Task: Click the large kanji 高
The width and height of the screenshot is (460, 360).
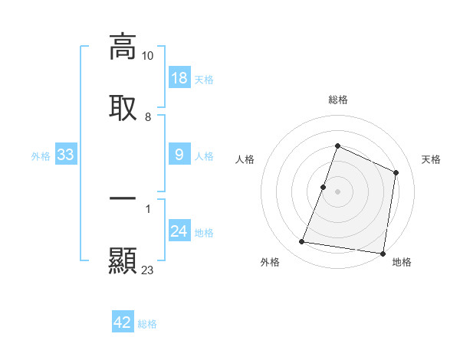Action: pyautogui.click(x=123, y=47)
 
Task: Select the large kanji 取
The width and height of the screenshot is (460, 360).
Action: pyautogui.click(x=123, y=107)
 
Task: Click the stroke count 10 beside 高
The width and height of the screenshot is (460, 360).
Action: pyautogui.click(x=148, y=56)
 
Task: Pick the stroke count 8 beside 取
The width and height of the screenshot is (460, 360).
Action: pyautogui.click(x=148, y=117)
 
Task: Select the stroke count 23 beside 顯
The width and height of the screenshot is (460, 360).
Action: pyautogui.click(x=148, y=270)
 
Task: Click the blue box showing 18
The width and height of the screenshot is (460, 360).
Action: pyautogui.click(x=179, y=78)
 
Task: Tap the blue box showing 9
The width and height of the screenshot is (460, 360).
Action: pyautogui.click(x=179, y=155)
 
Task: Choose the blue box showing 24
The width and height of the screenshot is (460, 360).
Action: pyautogui.click(x=179, y=231)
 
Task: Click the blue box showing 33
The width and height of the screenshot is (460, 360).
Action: pyautogui.click(x=66, y=155)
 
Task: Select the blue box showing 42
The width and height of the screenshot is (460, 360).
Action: pyautogui.click(x=123, y=322)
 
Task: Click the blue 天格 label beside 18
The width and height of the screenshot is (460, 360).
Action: pyautogui.click(x=204, y=80)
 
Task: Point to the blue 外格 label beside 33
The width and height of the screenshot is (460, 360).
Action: pyautogui.click(x=41, y=156)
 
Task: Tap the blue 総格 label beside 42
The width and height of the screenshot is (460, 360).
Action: pyautogui.click(x=147, y=324)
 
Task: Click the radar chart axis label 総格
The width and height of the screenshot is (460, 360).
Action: pyautogui.click(x=338, y=100)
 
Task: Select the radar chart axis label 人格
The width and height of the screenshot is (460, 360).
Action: pyautogui.click(x=245, y=159)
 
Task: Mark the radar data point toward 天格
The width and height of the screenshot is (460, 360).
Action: pyautogui.click(x=396, y=172)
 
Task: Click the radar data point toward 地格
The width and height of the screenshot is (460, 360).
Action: pyautogui.click(x=383, y=253)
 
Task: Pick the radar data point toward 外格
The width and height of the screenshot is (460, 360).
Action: pyautogui.click(x=302, y=242)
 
